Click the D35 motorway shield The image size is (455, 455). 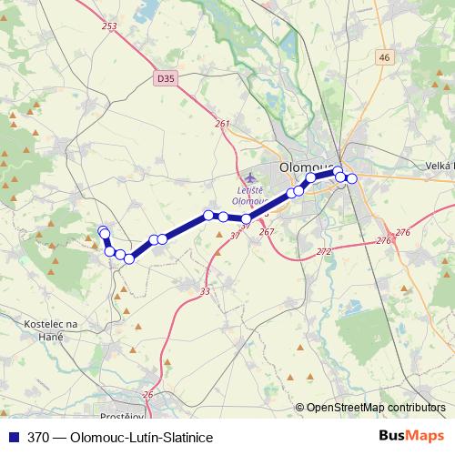(165, 79)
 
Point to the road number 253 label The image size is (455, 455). (110, 26)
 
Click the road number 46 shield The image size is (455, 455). (384, 57)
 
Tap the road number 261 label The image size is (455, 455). (223, 124)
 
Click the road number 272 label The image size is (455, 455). (324, 250)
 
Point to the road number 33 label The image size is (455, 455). (205, 291)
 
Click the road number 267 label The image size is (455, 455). (267, 232)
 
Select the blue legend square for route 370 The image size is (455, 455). (15, 437)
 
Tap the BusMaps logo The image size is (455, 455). (411, 436)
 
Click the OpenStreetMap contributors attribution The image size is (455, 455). (375, 408)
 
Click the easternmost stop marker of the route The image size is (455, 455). (352, 178)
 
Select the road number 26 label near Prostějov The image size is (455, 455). (148, 394)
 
